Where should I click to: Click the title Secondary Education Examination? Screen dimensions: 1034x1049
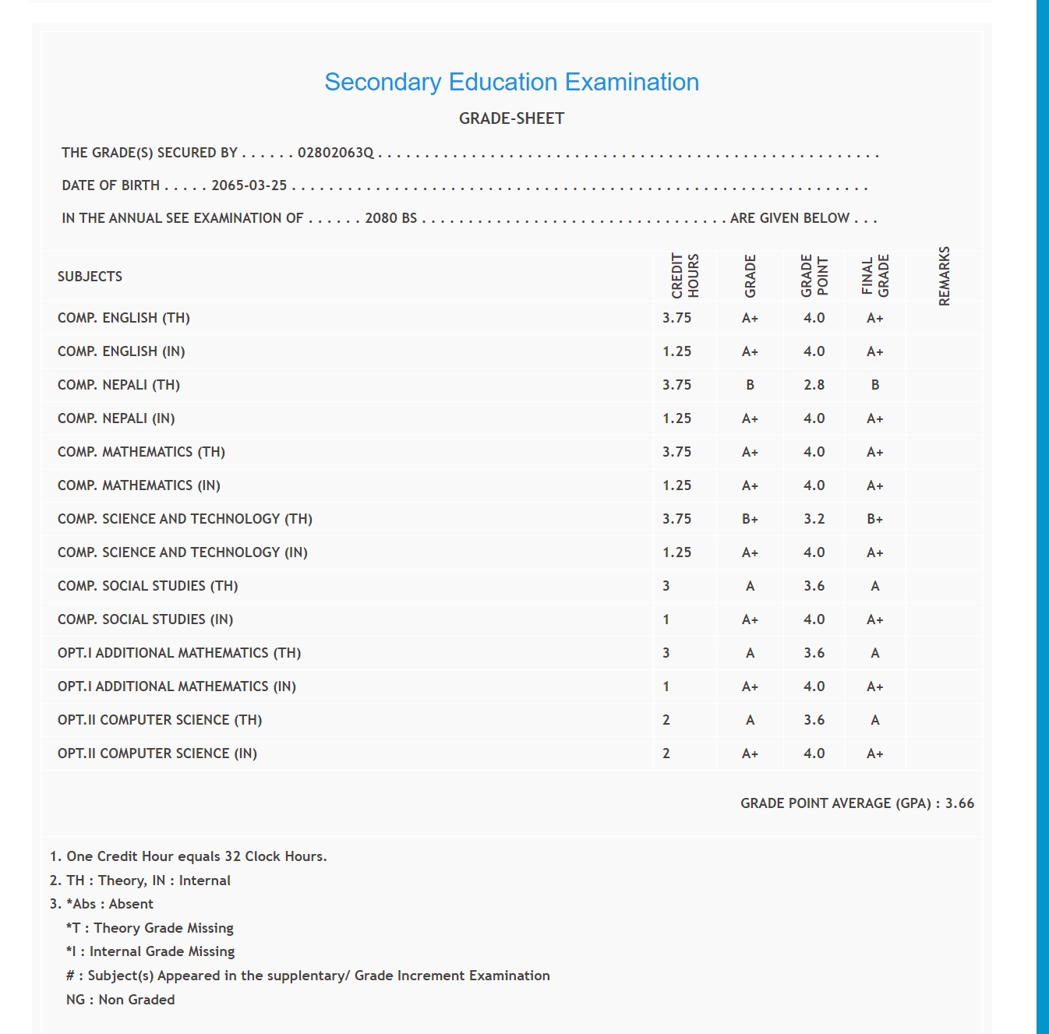pyautogui.click(x=511, y=82)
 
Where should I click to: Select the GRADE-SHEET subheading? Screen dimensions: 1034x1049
pyautogui.click(x=511, y=118)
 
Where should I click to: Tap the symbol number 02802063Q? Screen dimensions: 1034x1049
pyautogui.click(x=335, y=153)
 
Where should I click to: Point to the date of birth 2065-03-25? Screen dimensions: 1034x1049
pyautogui.click(x=249, y=185)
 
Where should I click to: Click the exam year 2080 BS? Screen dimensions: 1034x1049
pyautogui.click(x=390, y=218)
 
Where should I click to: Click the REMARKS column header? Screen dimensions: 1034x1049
pyautogui.click(x=944, y=276)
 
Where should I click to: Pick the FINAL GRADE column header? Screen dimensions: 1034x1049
pyautogui.click(x=874, y=276)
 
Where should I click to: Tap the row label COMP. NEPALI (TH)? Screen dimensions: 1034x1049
pyautogui.click(x=118, y=385)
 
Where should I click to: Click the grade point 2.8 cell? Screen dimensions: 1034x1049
pyautogui.click(x=814, y=385)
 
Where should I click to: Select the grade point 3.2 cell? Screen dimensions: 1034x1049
pyautogui.click(x=814, y=519)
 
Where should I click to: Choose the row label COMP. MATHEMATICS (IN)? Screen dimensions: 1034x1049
pyautogui.click(x=139, y=485)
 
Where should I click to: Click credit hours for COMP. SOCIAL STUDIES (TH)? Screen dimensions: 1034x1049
pyautogui.click(x=666, y=586)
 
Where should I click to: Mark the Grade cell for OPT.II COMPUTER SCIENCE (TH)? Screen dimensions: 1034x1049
pyautogui.click(x=750, y=720)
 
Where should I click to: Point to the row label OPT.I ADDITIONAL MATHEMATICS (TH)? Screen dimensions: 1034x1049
pyautogui.click(x=179, y=653)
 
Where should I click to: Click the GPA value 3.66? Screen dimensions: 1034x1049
pyautogui.click(x=959, y=803)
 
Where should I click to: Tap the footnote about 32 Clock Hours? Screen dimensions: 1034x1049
pyautogui.click(x=188, y=856)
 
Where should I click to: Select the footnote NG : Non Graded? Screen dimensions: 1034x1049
pyautogui.click(x=120, y=1000)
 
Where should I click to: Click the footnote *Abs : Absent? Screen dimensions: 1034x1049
pyautogui.click(x=109, y=904)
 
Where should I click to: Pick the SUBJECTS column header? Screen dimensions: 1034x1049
pyautogui.click(x=90, y=277)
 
